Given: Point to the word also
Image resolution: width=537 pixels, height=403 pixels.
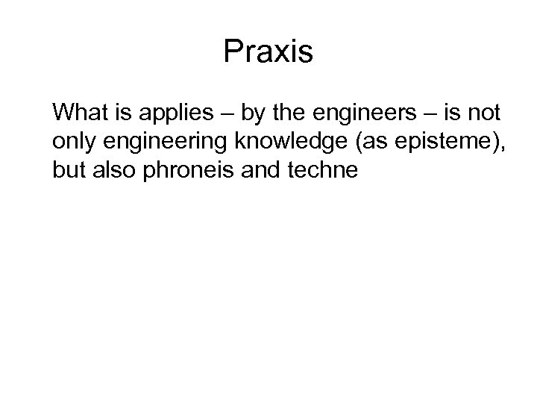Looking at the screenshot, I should tap(112, 170).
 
